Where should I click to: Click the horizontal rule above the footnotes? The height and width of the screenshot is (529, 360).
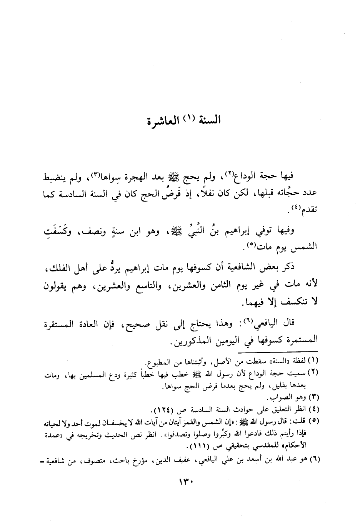278,351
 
